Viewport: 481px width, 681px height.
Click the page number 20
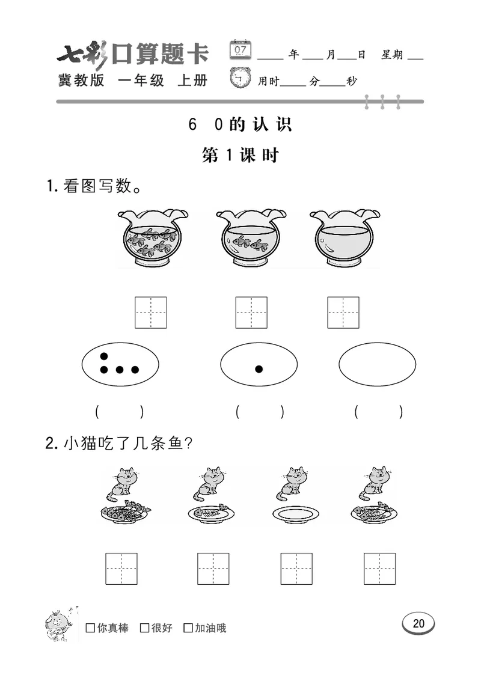click(418, 623)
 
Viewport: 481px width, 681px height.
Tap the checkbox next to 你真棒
click(90, 628)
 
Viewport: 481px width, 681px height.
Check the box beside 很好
click(144, 628)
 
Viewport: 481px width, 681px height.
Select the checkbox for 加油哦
click(188, 628)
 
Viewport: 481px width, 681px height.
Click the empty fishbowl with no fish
click(344, 239)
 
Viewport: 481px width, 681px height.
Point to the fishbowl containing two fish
click(250, 239)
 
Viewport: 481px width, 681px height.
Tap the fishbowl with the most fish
click(152, 239)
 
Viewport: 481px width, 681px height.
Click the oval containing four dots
click(120, 365)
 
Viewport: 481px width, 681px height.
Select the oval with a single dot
click(259, 365)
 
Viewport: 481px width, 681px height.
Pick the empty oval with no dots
click(377, 365)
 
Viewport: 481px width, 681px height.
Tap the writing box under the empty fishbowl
click(343, 313)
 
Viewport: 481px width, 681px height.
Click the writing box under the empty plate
click(296, 569)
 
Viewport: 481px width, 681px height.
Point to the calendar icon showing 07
click(242, 49)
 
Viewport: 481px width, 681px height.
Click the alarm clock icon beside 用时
click(242, 79)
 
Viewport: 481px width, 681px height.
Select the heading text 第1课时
click(240, 155)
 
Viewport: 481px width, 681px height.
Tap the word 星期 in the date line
click(392, 55)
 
